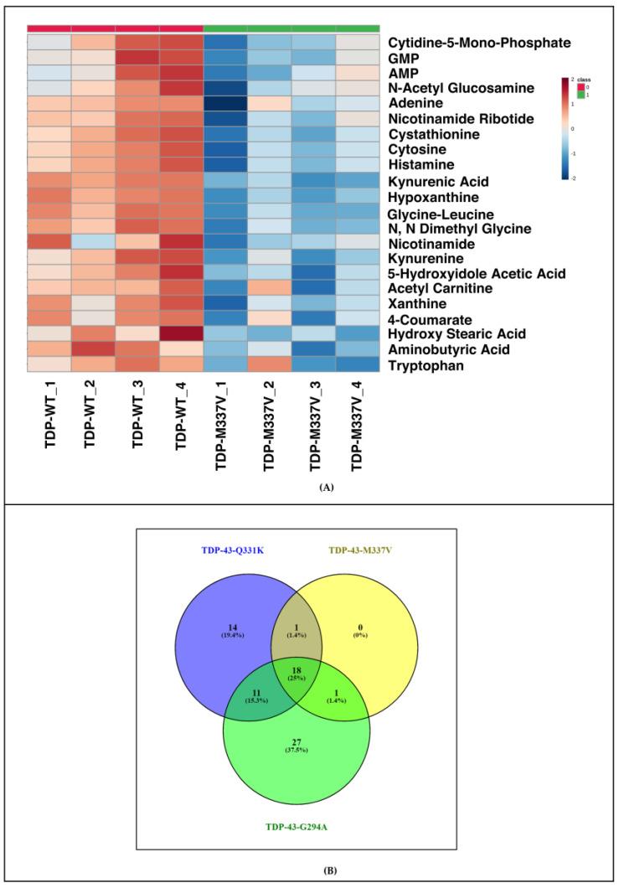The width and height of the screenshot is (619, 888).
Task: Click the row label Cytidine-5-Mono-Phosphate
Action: tap(478, 43)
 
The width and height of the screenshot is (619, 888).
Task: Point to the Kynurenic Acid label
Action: tap(438, 181)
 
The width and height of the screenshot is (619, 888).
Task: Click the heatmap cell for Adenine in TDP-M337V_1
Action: tap(225, 105)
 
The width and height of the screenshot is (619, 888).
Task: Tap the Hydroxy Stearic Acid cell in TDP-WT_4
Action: tap(181, 334)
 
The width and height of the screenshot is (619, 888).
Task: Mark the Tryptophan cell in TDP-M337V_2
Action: tap(270, 365)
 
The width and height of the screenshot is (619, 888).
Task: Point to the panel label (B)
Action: tap(310, 870)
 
